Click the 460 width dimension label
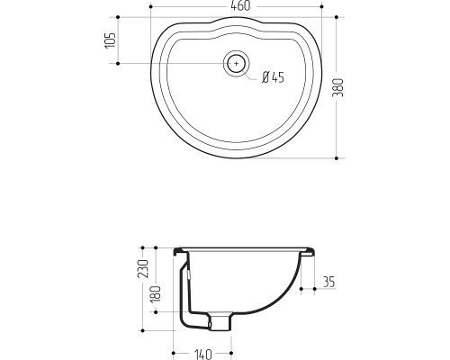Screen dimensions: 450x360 click(x=240, y=6)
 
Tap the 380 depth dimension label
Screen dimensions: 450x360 click(x=337, y=87)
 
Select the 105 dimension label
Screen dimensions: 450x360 click(x=111, y=40)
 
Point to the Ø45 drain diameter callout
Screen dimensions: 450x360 click(x=273, y=77)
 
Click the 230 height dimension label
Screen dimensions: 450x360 click(x=143, y=268)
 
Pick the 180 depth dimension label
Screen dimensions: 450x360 click(x=156, y=294)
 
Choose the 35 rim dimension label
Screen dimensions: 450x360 click(x=328, y=282)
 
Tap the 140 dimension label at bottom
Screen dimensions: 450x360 click(x=203, y=354)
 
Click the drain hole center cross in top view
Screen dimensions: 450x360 click(x=237, y=63)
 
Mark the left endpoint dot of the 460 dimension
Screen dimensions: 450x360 click(x=150, y=6)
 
